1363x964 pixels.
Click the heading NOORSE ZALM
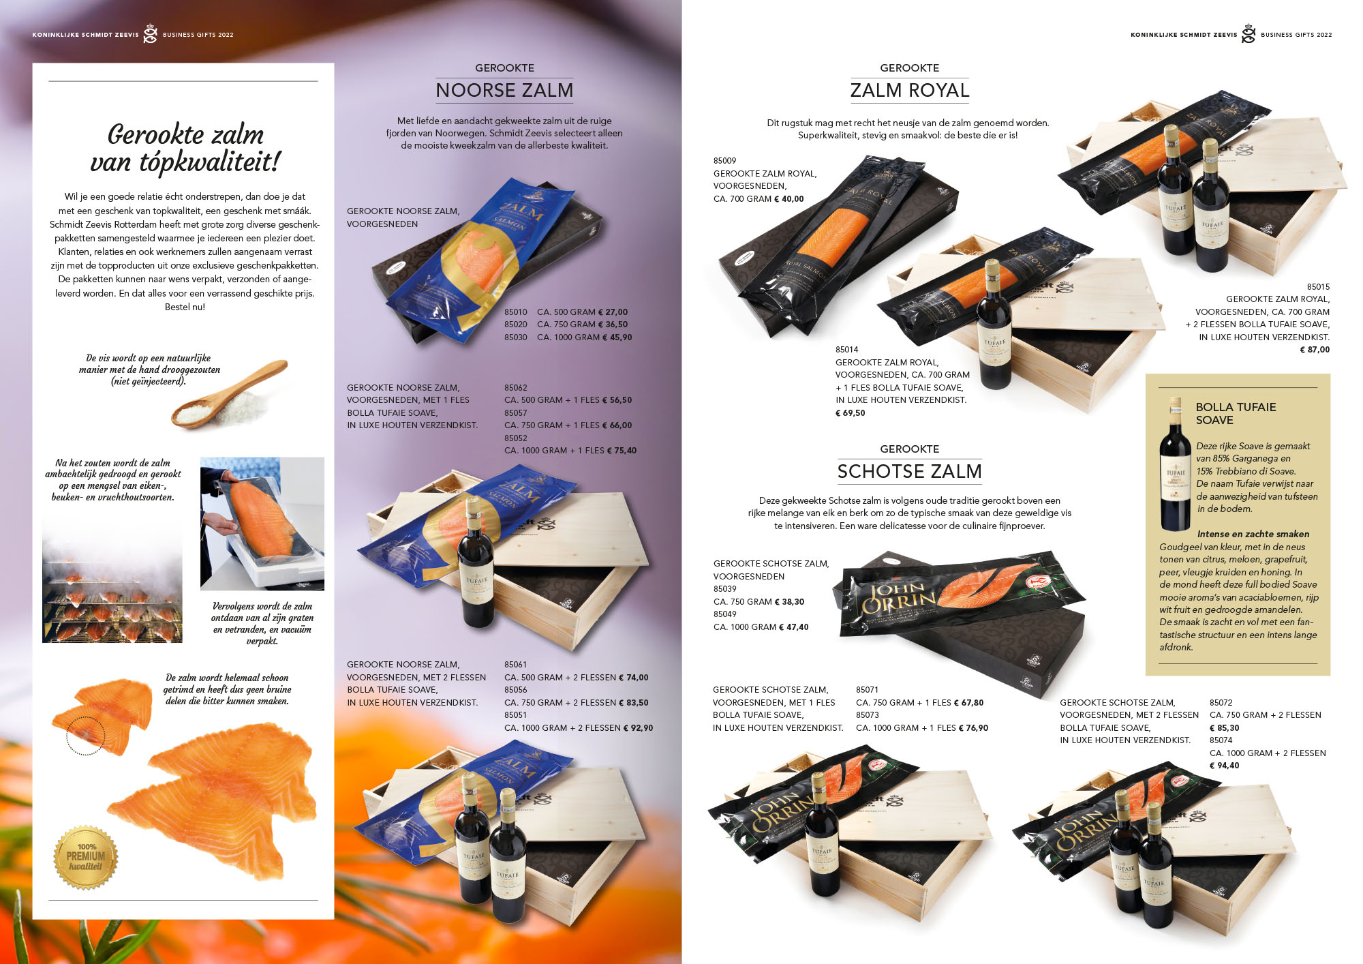pyautogui.click(x=504, y=90)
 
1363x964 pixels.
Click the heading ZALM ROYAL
pyautogui.click(x=909, y=90)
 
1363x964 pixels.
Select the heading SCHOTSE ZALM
pyautogui.click(x=909, y=471)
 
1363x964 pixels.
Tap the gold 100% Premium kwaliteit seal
pyautogui.click(x=86, y=858)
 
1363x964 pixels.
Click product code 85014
pyautogui.click(x=846, y=350)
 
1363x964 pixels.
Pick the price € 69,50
pyautogui.click(x=850, y=413)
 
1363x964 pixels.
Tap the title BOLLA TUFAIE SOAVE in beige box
pyautogui.click(x=1235, y=413)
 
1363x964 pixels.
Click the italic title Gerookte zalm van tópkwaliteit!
pyautogui.click(x=185, y=148)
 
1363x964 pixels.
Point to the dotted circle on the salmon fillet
pyautogui.click(x=85, y=736)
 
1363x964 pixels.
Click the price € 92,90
pyautogui.click(x=638, y=728)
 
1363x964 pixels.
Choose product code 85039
pyautogui.click(x=724, y=589)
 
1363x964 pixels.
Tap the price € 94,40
pyautogui.click(x=1224, y=766)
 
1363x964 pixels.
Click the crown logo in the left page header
pyautogui.click(x=150, y=34)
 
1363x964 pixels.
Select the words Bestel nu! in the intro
pyautogui.click(x=185, y=307)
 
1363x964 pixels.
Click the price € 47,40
pyautogui.click(x=793, y=627)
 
